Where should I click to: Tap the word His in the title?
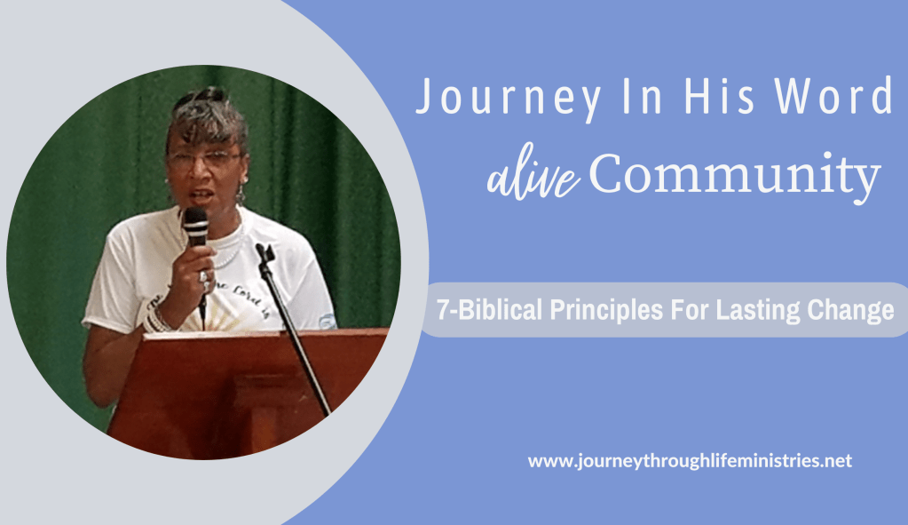[x=720, y=96]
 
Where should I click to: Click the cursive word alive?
[x=533, y=176]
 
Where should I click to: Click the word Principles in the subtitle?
[x=606, y=309]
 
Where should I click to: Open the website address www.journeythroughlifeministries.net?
[x=690, y=461]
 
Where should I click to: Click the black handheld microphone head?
[x=196, y=225]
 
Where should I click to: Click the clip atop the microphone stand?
[x=265, y=252]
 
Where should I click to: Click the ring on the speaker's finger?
[x=203, y=277]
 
